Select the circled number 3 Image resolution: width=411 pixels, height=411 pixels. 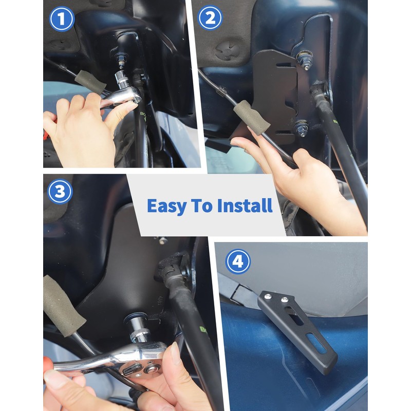tap(60, 192)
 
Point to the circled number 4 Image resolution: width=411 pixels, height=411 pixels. tap(237, 261)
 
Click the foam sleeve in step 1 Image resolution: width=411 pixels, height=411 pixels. tap(90, 82)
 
